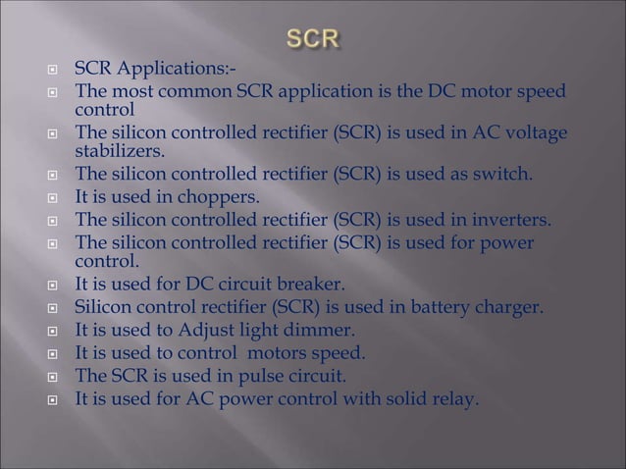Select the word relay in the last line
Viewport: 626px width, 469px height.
[x=453, y=397]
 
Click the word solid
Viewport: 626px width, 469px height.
[x=400, y=397]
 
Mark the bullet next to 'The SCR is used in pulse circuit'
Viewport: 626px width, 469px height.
[x=59, y=376]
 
